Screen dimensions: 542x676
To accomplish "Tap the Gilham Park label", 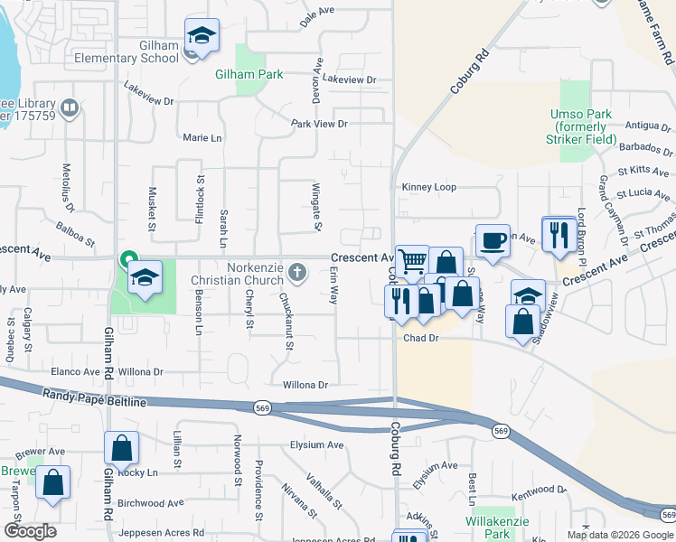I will tap(249, 75).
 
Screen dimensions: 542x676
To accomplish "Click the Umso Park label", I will tap(583, 126).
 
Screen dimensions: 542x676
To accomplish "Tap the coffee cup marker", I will tap(493, 241).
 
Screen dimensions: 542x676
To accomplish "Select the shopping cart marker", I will tap(412, 261).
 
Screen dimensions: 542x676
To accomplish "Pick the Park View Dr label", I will tap(319, 123).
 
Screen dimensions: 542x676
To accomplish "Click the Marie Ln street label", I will tap(202, 138).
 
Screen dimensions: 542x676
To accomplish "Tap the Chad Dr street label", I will tap(420, 338).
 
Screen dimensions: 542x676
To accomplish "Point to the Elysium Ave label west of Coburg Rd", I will tap(316, 444).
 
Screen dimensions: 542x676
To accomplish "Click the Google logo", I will tap(29, 530).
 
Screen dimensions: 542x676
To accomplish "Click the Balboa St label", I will tap(75, 235).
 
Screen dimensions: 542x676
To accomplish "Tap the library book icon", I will tap(70, 109).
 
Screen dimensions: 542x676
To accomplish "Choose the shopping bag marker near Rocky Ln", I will tap(121, 448).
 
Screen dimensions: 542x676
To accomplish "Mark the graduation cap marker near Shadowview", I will tap(529, 294).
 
